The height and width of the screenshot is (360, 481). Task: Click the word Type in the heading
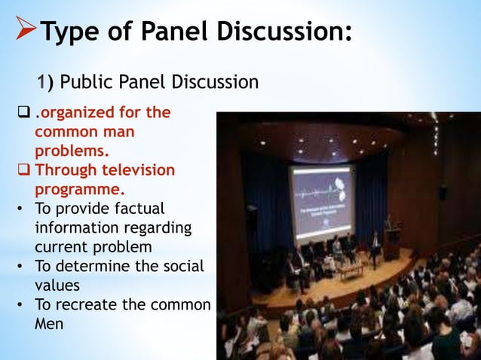tap(72, 32)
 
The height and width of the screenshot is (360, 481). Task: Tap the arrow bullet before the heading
tap(24, 32)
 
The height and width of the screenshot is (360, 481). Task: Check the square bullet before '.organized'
tap(23, 113)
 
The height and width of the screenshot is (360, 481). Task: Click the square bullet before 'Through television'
tap(23, 170)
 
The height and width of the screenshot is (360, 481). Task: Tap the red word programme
tap(79, 189)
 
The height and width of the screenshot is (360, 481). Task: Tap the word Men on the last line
tap(50, 324)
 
